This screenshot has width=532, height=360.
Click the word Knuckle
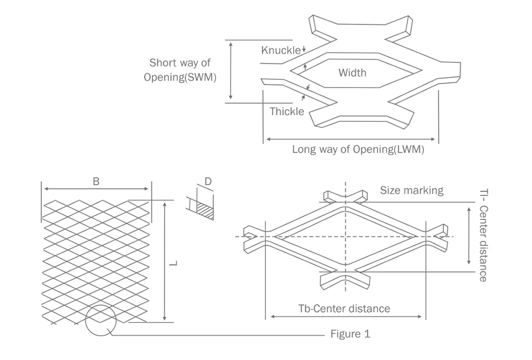coord(281,50)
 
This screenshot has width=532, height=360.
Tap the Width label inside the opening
coord(352,73)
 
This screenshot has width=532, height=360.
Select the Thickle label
coord(287,111)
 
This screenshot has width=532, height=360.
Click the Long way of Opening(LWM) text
coord(358,150)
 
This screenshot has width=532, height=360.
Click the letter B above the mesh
coord(96,181)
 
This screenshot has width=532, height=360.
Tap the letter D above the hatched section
coord(208,181)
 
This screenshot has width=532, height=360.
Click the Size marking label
coord(411,191)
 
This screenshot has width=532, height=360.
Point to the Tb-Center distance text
coord(344,308)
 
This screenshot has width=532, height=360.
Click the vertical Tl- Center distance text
coord(482,235)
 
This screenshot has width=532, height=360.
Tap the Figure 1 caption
coord(350,334)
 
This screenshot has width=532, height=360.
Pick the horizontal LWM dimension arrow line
coord(352,138)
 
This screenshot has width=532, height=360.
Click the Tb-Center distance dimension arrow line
coord(345,318)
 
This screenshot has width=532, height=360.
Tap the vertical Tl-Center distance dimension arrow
coord(469,235)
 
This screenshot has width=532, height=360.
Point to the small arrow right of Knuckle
coord(304,50)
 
